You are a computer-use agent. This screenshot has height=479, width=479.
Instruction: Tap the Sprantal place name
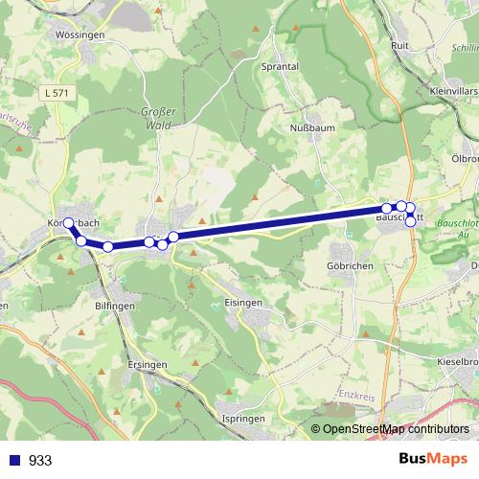[x=281, y=67]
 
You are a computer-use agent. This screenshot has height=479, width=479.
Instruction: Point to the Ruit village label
[x=401, y=44]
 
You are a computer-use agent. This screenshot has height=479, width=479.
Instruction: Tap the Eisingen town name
[x=243, y=302]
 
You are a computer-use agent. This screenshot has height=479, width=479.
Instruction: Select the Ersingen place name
[x=146, y=365]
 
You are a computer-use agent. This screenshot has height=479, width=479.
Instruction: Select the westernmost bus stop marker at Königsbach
[x=68, y=223]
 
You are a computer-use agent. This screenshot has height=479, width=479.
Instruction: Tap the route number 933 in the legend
[x=40, y=461]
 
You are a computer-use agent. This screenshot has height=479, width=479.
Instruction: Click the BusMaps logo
[x=432, y=459]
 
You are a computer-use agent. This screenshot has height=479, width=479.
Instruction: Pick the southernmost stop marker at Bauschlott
[x=411, y=221]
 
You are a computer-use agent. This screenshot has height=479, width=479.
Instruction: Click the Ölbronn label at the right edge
[x=466, y=158]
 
